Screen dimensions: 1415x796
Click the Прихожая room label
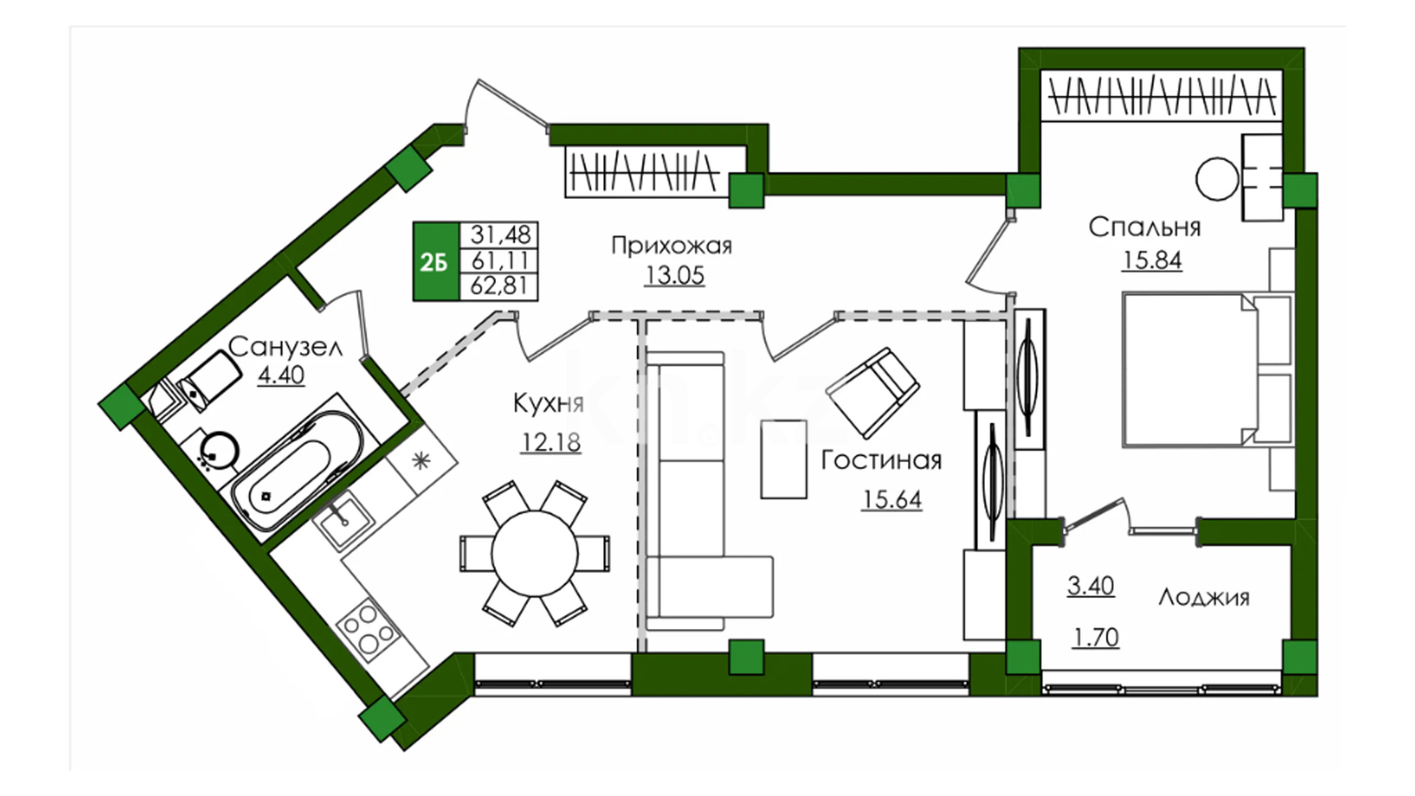[671, 245]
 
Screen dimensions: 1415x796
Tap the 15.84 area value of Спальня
[1152, 260]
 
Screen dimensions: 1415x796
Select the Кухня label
[548, 403]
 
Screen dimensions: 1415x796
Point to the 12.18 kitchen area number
[551, 442]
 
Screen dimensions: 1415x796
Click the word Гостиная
[881, 460]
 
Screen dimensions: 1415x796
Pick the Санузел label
[285, 346]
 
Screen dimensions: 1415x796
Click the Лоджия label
[1204, 596]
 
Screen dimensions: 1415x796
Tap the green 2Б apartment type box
[435, 262]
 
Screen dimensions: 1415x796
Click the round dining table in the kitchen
[535, 554]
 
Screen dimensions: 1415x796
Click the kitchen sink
[343, 520]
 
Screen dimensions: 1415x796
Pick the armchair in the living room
[873, 393]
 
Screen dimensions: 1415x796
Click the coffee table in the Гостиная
[784, 459]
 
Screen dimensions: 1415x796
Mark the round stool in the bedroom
[1217, 179]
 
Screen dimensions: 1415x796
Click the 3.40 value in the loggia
[1091, 586]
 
